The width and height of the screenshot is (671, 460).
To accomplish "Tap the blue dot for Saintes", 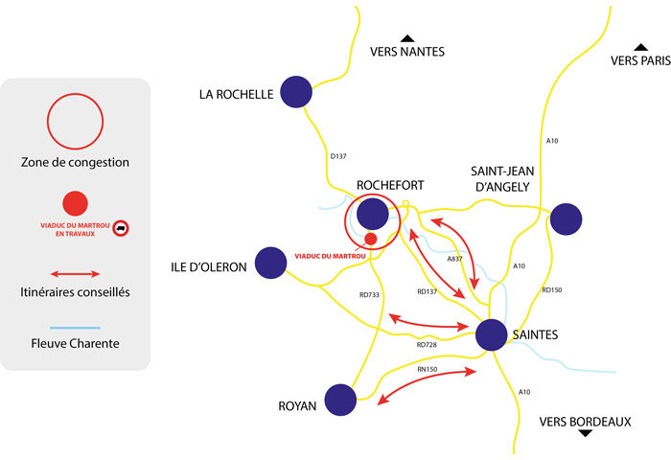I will point(491,334).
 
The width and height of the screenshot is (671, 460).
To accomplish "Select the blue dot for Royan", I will point(340,400).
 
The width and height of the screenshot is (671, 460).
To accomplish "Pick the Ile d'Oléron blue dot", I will point(271,263).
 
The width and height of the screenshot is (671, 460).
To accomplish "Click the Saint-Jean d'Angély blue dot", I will point(566,218).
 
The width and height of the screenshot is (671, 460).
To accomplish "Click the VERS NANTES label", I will point(407,52).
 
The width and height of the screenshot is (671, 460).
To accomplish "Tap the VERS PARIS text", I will point(640,61).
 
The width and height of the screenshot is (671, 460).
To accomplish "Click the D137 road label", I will point(337,155).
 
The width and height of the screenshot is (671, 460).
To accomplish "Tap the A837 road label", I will point(457,259).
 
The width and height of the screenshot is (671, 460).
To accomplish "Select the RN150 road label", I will point(428,368).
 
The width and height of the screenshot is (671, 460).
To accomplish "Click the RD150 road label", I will point(551,289).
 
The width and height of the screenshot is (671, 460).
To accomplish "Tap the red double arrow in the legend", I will point(75,274).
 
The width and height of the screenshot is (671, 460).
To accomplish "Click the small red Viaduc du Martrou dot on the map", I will point(370,239).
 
